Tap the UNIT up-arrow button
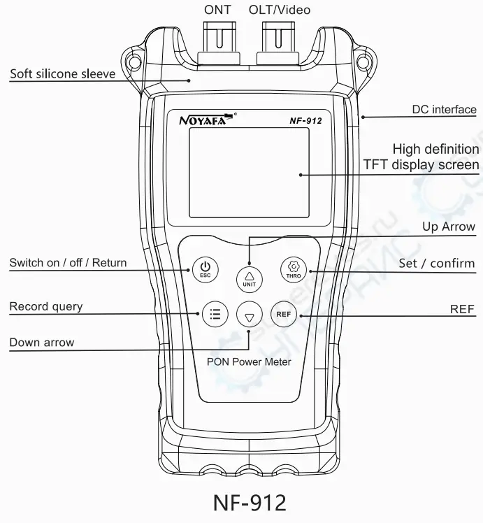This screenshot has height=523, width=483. tap(250, 277)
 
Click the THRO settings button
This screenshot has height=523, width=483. tap(294, 270)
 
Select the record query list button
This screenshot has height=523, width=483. tap(215, 315)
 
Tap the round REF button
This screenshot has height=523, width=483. tap(283, 315)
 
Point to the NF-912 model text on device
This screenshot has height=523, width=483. tap(305, 120)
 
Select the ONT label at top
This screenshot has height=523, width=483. tap(217, 10)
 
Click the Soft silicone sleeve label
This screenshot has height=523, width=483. tap(63, 74)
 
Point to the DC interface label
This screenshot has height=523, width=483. tap(443, 110)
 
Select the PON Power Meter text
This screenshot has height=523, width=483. tap(249, 361)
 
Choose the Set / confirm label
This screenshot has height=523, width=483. tap(436, 264)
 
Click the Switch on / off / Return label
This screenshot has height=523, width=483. tap(68, 263)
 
